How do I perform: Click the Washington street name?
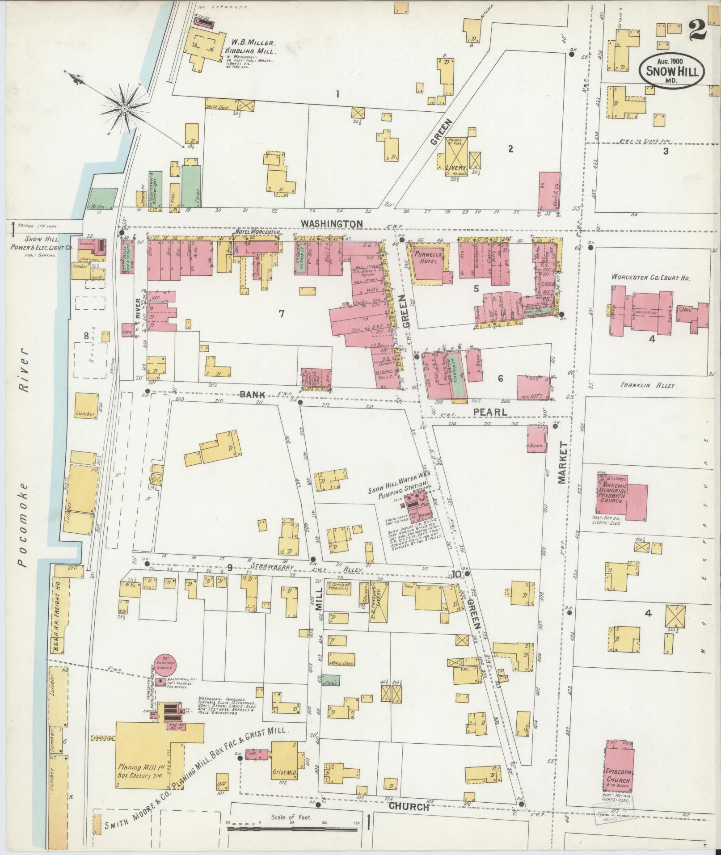[331, 223]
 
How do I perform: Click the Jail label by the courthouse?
[686, 309]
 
